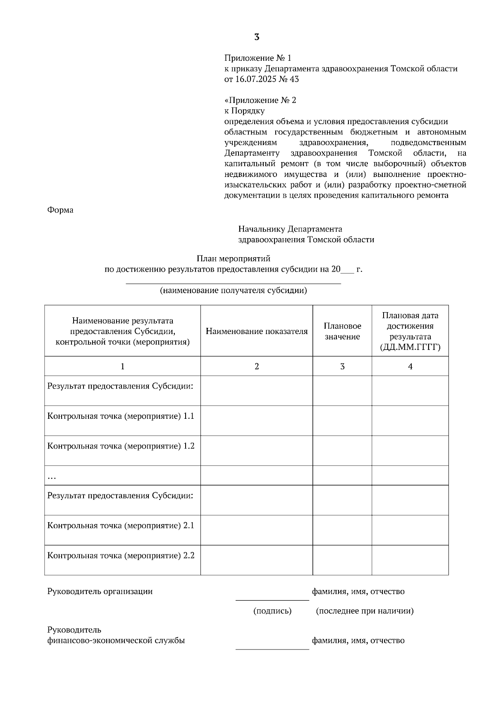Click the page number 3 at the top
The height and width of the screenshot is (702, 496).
pos(256,37)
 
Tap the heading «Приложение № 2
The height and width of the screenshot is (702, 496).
pos(260,100)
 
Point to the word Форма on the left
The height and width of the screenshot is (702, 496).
pos(60,210)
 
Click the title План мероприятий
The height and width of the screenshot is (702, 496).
pos(234,259)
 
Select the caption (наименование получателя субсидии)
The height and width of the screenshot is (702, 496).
pos(234,290)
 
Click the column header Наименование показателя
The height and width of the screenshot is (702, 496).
pos(257,331)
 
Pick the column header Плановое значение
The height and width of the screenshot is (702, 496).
pos(342,331)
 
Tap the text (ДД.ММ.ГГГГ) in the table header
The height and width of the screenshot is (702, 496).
pos(410,347)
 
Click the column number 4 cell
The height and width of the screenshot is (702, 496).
pos(410,366)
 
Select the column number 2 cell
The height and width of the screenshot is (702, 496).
pos(257,366)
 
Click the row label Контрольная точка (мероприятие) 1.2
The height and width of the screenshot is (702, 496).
pos(121,446)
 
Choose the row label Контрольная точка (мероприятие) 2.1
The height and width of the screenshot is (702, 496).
pos(121,525)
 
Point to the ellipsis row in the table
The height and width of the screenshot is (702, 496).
pos(52,477)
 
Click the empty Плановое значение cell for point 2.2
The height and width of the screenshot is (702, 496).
pos(342,560)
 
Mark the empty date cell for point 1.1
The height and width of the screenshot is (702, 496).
pos(410,420)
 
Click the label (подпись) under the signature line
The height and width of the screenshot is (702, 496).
pos(272,611)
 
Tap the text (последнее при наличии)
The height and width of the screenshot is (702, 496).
pos(365,611)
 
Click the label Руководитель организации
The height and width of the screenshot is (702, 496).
pos(100,591)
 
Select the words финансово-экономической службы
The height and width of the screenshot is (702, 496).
pos(116,640)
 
